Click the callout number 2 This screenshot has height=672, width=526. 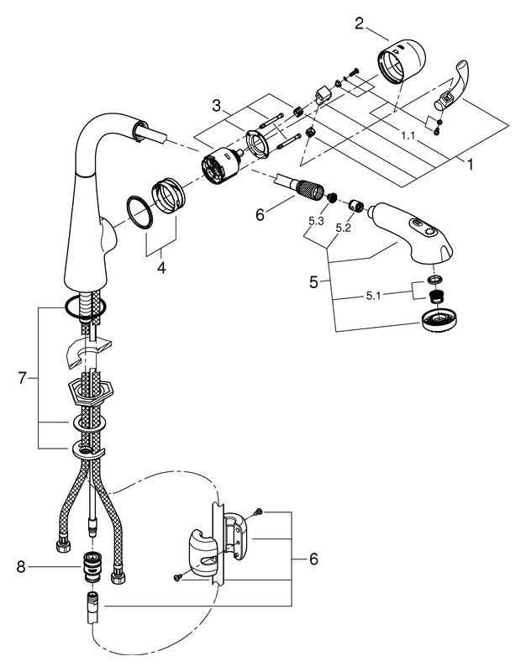pyautogui.click(x=359, y=24)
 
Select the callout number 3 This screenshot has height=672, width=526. pyautogui.click(x=217, y=106)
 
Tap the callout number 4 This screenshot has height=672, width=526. pyautogui.click(x=161, y=268)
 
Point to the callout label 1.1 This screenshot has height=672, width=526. pyautogui.click(x=408, y=136)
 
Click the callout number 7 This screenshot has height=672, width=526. pyautogui.click(x=23, y=379)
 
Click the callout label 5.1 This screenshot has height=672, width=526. pyautogui.click(x=373, y=296)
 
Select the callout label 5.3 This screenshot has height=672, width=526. pyautogui.click(x=316, y=221)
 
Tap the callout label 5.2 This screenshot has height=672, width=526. pyautogui.click(x=343, y=228)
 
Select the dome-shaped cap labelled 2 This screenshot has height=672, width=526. pyautogui.click(x=402, y=60)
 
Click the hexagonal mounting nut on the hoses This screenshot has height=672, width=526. pyautogui.click(x=90, y=392)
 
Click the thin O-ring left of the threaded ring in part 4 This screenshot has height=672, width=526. pyautogui.click(x=139, y=213)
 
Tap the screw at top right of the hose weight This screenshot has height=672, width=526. pyautogui.click(x=259, y=512)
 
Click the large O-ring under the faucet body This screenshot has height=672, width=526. pyautogui.click(x=86, y=307)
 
